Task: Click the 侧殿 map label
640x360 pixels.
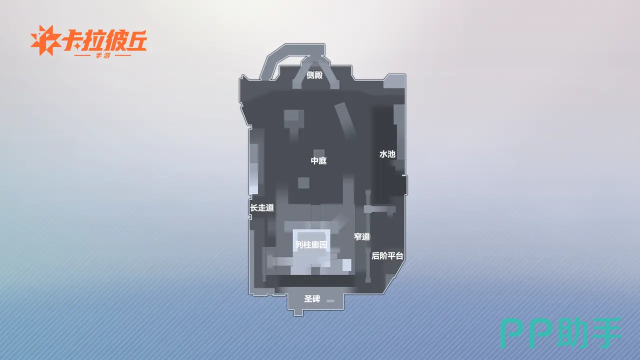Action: click(314, 75)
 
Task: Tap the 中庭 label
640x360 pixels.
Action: click(318, 160)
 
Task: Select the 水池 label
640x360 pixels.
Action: click(387, 154)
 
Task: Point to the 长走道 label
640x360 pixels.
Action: click(262, 207)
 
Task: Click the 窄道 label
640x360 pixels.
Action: click(362, 236)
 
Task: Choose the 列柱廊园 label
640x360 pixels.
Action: click(311, 245)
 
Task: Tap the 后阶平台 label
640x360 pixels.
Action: click(387, 255)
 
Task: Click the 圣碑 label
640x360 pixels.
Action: click(312, 299)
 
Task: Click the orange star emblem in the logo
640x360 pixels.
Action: click(45, 40)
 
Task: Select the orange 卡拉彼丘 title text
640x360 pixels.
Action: click(104, 40)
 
